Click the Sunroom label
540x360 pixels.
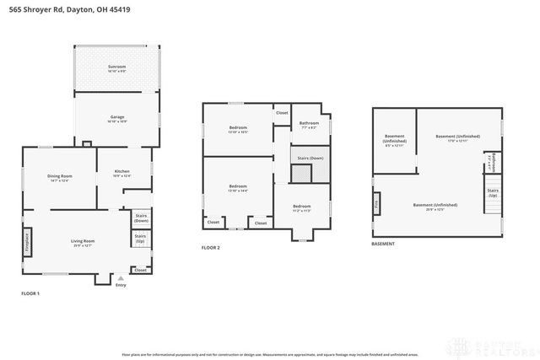click(116, 68)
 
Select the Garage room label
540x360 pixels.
click(116, 120)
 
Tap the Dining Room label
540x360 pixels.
click(59, 177)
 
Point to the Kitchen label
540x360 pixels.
click(122, 174)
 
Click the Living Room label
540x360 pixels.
click(82, 243)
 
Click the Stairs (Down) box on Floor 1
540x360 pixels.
click(141, 218)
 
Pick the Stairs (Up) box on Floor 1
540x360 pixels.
click(141, 239)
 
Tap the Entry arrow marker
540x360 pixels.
click(121, 277)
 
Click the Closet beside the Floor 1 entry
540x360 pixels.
click(140, 271)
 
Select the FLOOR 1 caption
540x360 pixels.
click(30, 293)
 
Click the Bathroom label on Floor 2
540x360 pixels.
click(308, 126)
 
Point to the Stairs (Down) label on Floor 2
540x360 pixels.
click(310, 158)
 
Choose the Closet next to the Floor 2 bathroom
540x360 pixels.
click(282, 112)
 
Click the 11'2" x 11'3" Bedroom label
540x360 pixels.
click(301, 207)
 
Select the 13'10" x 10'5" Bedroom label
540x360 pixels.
click(238, 130)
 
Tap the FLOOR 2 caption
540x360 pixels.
click(210, 248)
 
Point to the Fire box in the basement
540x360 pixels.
click(376, 203)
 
